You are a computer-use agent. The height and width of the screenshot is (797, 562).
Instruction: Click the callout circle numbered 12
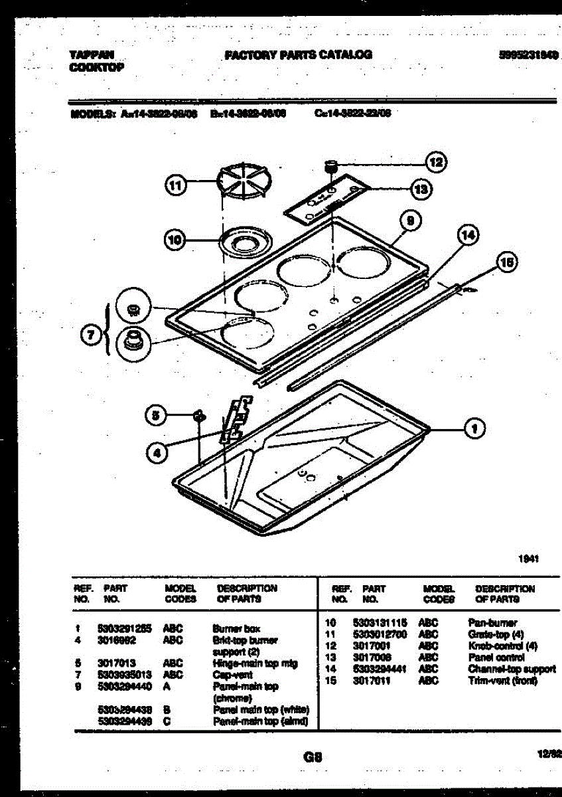(435, 161)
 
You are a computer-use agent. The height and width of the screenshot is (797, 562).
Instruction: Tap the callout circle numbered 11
(175, 186)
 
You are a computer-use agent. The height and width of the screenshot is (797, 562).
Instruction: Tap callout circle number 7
(91, 335)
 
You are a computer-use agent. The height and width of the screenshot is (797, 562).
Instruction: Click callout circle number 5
(155, 416)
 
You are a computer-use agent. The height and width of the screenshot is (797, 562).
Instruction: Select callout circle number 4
(157, 453)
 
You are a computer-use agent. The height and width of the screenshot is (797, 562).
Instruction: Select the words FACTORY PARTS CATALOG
(299, 54)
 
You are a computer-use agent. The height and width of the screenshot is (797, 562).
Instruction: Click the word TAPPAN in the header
(91, 55)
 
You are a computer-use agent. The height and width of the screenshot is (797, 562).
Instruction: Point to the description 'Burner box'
(236, 628)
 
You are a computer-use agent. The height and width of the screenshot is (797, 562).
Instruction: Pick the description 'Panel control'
(496, 658)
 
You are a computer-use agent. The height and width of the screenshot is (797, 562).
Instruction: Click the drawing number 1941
(528, 559)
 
